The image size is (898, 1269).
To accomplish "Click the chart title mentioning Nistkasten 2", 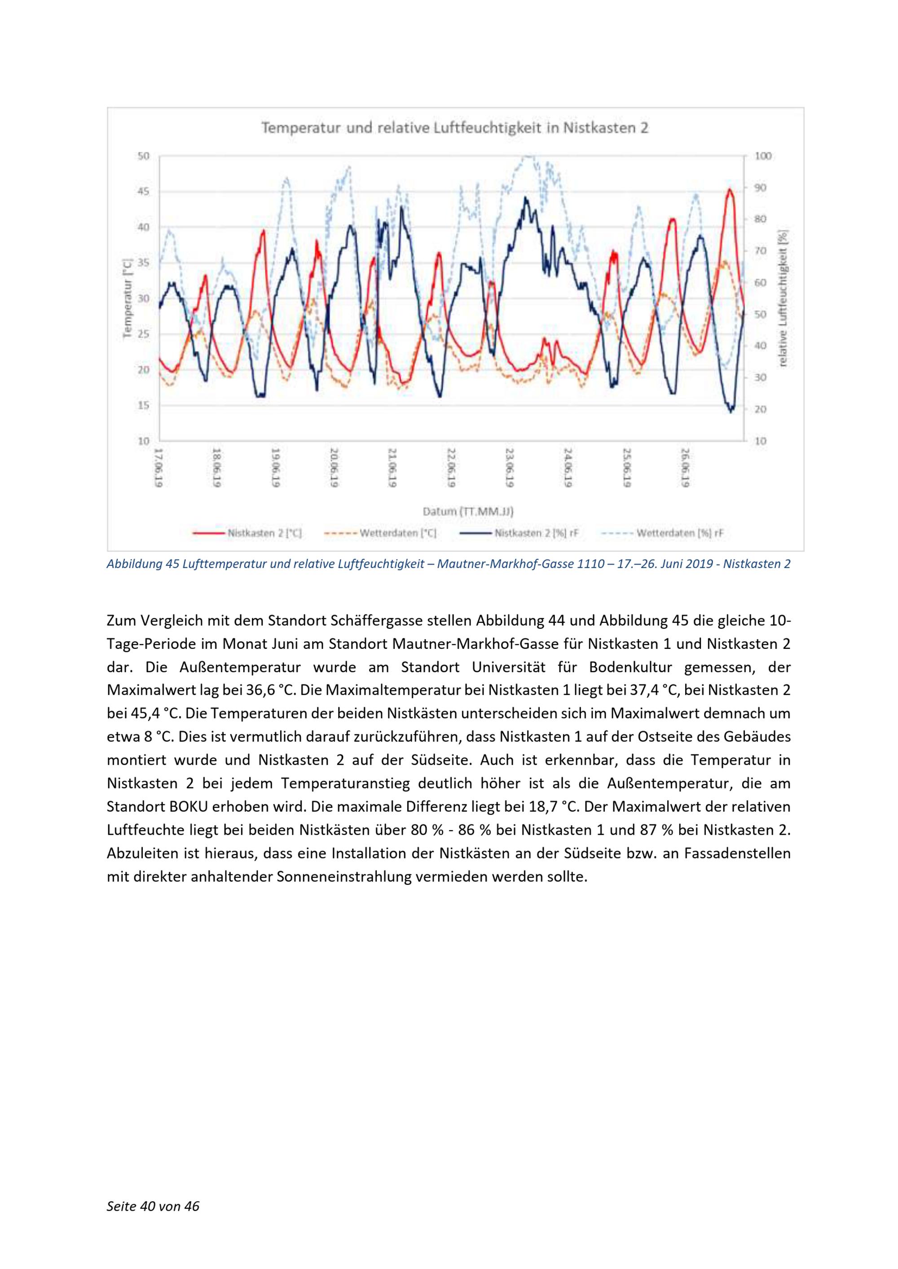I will [x=454, y=128].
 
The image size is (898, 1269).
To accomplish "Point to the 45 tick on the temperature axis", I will [x=143, y=192].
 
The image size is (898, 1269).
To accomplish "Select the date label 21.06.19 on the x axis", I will [x=392, y=468].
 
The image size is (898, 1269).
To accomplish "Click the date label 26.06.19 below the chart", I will [x=685, y=468].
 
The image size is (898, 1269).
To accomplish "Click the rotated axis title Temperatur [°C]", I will [x=127, y=298].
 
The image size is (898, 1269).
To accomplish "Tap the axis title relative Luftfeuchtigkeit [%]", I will [x=783, y=298].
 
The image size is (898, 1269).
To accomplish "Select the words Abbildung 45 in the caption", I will [x=132, y=564].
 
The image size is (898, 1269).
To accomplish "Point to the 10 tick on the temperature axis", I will [x=143, y=441].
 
